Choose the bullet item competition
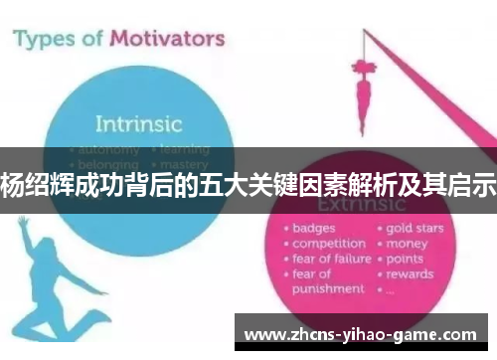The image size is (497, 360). pyautogui.click(x=329, y=243)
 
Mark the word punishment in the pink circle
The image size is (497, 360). pyautogui.click(x=328, y=288)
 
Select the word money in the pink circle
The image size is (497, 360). pyautogui.click(x=408, y=243)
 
